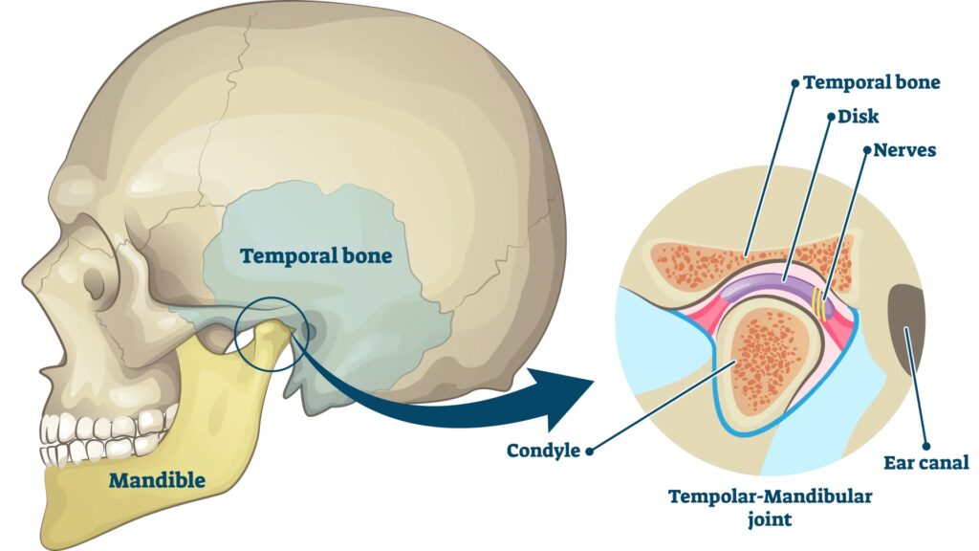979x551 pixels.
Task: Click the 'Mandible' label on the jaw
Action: coord(157,480)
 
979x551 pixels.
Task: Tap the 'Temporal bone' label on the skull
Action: coord(316,256)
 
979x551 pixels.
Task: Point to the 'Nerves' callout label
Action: coord(904,150)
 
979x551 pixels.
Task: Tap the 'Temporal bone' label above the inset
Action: coord(871,82)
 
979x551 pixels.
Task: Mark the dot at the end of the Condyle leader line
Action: coord(590,450)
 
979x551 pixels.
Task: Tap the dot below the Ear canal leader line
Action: coord(926,444)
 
